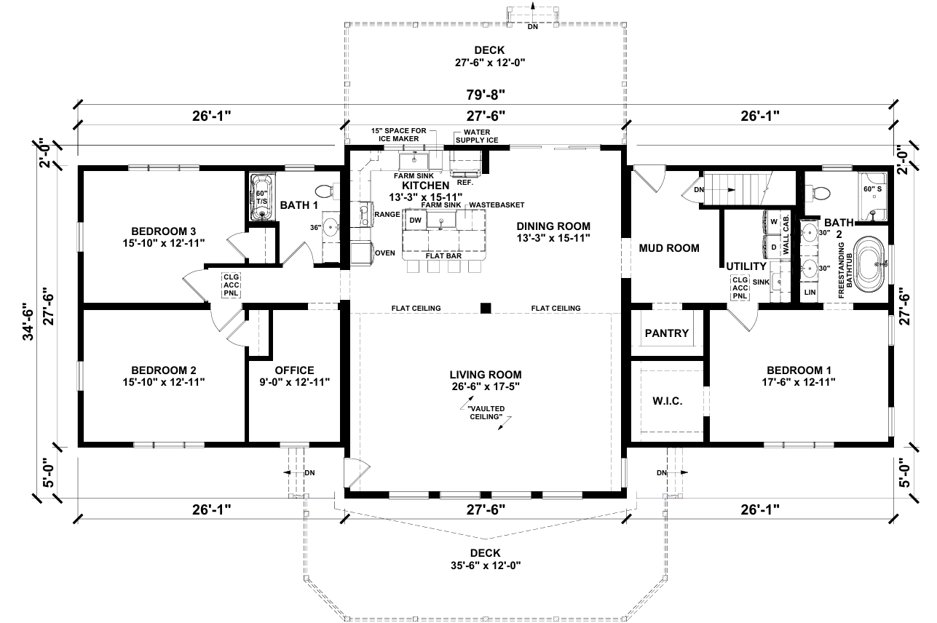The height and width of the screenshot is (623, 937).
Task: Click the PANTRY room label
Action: point(666,333)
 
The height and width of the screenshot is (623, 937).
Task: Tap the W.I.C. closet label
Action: point(667,402)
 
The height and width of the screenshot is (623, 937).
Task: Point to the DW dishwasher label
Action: point(415,221)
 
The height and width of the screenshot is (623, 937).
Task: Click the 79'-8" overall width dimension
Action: point(486,95)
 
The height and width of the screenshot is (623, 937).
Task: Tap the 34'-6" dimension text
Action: point(29,321)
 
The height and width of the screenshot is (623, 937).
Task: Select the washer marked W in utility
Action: point(772,221)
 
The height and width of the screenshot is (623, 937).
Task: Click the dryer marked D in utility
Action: point(772,247)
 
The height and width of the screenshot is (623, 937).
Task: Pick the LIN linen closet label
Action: point(810,293)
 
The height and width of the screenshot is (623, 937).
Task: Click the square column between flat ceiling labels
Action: point(485,308)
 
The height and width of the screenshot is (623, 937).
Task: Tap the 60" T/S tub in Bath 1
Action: point(262,197)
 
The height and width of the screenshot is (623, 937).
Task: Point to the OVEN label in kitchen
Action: point(385,253)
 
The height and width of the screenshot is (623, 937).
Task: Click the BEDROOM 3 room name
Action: point(164,231)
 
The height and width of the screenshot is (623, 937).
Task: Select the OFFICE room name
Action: point(294,370)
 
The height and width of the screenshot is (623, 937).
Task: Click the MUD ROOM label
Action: point(669,248)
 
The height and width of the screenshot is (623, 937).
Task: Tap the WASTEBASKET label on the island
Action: point(497,205)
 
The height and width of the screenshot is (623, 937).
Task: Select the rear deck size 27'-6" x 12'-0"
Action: point(490,63)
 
